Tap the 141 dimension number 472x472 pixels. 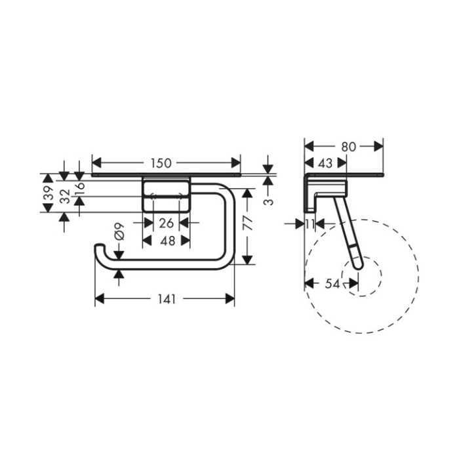coord(167,299)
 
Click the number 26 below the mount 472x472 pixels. coord(167,224)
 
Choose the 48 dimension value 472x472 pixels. coord(167,241)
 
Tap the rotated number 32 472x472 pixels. coord(64,196)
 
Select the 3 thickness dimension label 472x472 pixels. coord(267,201)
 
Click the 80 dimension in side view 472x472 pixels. coord(348,147)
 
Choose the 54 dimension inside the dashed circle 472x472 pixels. coord(332,283)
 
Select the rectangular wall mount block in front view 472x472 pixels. coord(167,194)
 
